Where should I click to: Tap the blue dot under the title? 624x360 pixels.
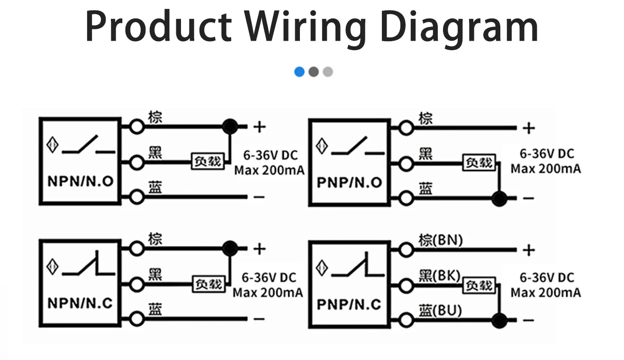tap(299, 72)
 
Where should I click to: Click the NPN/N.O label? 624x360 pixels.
tap(81, 181)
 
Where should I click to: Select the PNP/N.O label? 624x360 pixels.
tap(349, 183)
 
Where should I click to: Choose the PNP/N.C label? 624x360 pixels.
tap(349, 304)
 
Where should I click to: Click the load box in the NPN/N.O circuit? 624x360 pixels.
tap(207, 161)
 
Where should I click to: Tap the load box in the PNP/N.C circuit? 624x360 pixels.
tap(479, 286)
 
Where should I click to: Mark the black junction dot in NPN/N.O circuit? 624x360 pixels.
tap(230, 126)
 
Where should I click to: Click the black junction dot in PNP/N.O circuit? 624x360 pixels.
tap(499, 199)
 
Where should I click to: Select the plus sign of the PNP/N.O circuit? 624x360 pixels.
tap(528, 128)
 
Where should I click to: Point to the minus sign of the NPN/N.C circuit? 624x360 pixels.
tap(259, 319)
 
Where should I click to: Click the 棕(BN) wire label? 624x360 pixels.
tap(440, 240)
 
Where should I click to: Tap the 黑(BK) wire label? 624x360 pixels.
tap(439, 275)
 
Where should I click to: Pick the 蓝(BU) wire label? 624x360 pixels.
tap(440, 310)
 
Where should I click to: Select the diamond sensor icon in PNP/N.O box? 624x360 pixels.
tap(322, 147)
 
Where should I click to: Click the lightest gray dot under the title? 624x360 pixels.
tap(328, 72)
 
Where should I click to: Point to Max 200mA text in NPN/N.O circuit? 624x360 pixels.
tap(269, 170)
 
